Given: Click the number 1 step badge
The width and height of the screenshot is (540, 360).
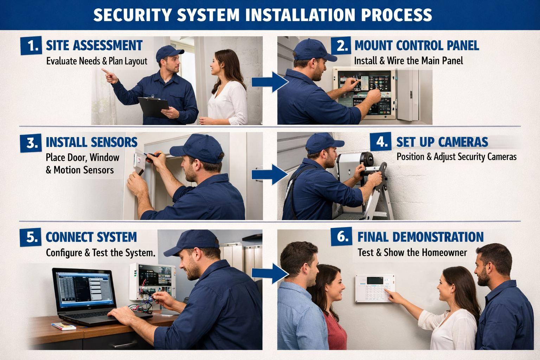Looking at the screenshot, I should point(31,46).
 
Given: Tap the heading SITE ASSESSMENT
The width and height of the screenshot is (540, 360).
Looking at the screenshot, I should point(94,46).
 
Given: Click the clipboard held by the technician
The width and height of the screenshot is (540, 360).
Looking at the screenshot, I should point(154,107).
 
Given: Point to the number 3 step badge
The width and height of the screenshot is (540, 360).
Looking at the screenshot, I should point(31,143).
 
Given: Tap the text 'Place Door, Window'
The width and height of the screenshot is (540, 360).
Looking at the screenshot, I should point(82,157).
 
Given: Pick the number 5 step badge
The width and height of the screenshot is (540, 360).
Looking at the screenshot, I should point(31,237).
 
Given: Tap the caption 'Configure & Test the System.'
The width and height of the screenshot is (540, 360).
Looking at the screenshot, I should point(101,253).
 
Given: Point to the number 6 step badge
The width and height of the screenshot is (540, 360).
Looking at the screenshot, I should point(341,237).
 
